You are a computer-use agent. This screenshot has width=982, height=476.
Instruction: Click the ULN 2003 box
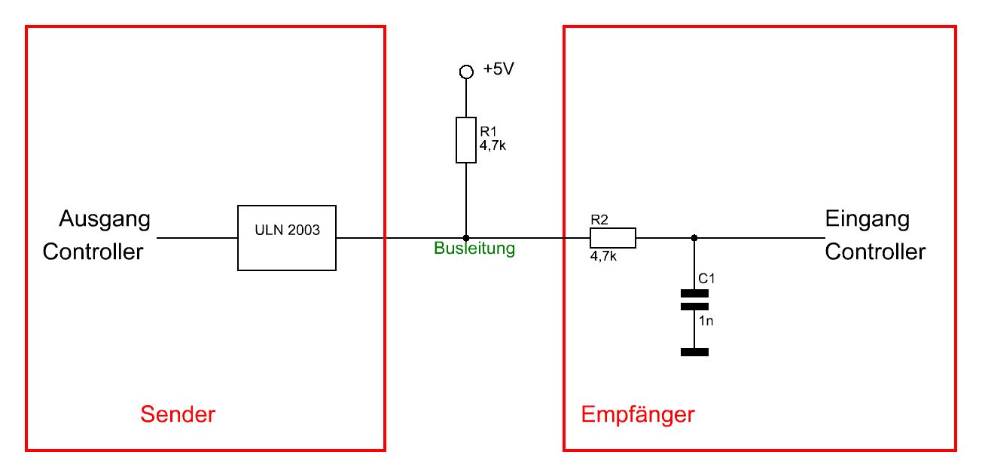point(287,237)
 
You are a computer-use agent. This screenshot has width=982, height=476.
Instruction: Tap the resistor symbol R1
point(466,140)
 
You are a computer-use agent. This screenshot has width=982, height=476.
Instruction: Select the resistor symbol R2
point(612,238)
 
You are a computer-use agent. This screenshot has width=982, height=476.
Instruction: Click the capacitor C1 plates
point(694,300)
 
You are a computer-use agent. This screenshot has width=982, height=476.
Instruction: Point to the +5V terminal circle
point(466,72)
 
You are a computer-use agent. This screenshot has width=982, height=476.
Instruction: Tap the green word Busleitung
point(474,249)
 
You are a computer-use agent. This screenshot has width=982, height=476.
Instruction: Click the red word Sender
point(178,414)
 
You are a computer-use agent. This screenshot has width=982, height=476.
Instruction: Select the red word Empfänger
point(638,415)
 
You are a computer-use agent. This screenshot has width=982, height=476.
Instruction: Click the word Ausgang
point(105,220)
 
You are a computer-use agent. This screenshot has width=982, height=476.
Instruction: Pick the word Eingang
point(867,220)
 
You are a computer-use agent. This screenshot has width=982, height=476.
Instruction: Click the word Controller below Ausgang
point(93,251)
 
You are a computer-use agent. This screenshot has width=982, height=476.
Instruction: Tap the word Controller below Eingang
point(875,251)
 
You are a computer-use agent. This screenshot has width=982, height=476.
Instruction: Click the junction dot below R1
point(466,238)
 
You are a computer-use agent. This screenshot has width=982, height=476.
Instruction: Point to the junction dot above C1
point(694,238)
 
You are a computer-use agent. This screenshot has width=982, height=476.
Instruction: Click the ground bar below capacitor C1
point(694,352)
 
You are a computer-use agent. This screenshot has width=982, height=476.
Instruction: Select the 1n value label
point(706,321)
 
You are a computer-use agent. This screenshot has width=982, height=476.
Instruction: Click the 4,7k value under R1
point(493,146)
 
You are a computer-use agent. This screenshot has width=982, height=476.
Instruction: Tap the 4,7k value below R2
point(604,256)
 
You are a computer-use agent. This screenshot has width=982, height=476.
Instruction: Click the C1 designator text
point(706,279)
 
